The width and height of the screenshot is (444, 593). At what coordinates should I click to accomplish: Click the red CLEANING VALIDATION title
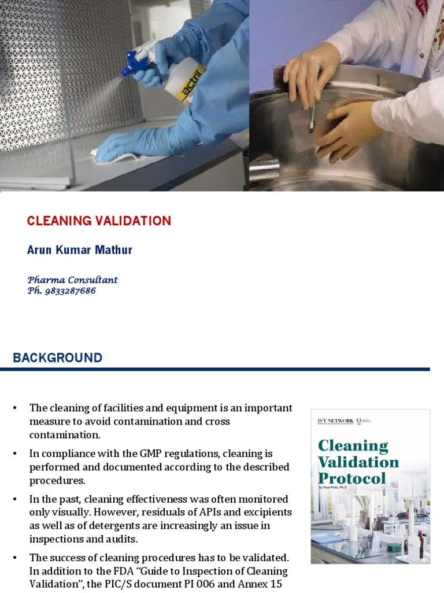coord(99,221)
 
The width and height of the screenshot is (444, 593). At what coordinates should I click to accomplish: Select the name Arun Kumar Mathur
coord(80,250)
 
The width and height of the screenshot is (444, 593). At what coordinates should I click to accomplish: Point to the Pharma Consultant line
coord(72,280)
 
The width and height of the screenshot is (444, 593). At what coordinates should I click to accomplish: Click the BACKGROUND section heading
coord(57,358)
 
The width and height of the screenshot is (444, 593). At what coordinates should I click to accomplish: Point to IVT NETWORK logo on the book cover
coord(336,420)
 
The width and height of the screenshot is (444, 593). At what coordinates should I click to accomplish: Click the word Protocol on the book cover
coord(351,478)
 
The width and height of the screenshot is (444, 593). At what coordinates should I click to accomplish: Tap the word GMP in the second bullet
coord(139,453)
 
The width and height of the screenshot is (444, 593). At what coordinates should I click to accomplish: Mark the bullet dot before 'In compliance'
coord(16,453)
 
